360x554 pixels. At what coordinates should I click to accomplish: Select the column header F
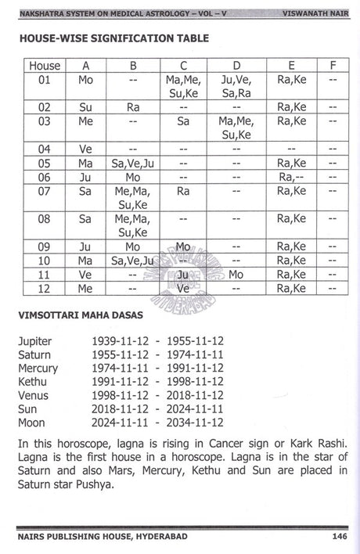(x=333, y=65)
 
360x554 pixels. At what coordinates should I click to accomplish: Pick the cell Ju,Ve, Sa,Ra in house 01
(x=236, y=86)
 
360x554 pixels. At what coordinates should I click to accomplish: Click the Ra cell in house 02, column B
(x=132, y=106)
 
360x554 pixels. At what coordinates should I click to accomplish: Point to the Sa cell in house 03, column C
(x=183, y=121)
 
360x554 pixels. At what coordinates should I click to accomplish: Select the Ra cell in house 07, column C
(x=183, y=190)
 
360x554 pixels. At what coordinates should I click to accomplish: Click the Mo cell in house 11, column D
(x=236, y=274)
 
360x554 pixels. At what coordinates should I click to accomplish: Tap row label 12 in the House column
(x=45, y=288)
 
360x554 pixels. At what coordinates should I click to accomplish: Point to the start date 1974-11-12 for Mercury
(x=114, y=367)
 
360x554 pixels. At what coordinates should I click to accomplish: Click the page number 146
(x=339, y=536)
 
